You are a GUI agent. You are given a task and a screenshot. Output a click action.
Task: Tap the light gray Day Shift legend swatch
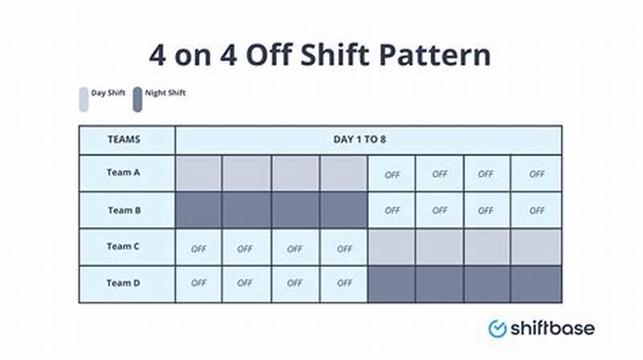click(x=84, y=99)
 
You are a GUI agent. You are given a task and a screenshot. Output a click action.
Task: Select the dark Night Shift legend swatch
click(x=137, y=99)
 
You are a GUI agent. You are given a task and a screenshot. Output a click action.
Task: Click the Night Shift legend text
click(x=166, y=93)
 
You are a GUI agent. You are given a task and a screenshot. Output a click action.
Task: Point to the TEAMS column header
click(x=124, y=139)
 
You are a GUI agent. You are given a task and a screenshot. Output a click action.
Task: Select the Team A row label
click(x=124, y=173)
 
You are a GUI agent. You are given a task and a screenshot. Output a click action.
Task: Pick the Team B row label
click(x=124, y=210)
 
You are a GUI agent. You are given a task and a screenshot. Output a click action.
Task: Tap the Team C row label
click(x=124, y=247)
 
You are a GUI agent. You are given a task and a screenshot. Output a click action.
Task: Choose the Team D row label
click(x=124, y=283)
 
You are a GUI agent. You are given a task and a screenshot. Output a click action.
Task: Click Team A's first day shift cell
click(x=198, y=174)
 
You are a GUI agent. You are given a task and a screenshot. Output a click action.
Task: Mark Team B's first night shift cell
click(x=198, y=210)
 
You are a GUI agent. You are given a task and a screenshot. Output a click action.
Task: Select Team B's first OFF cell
click(x=391, y=210)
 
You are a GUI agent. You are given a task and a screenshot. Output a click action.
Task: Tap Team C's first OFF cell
click(x=198, y=247)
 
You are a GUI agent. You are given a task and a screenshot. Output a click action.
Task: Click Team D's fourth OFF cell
click(x=344, y=284)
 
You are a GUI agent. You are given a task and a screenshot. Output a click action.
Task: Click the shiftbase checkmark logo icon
click(x=498, y=328)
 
